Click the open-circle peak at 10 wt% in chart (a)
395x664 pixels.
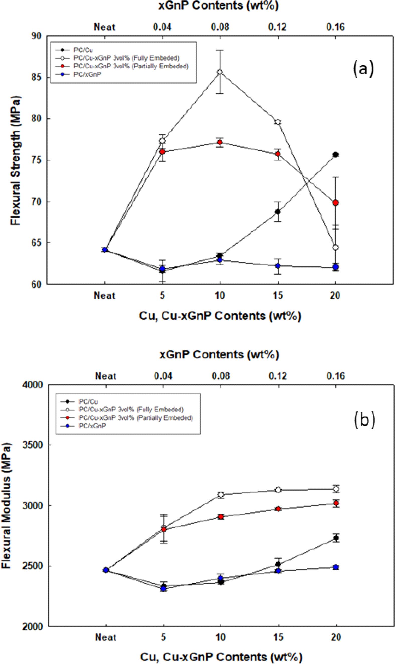[220, 72]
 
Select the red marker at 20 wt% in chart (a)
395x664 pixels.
[336, 203]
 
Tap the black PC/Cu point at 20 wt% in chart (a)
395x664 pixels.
[336, 155]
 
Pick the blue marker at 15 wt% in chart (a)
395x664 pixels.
[278, 266]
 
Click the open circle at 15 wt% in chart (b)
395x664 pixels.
[278, 490]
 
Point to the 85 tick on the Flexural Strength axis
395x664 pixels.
[36, 77]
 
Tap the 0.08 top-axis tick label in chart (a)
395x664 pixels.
[220, 27]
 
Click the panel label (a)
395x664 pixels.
[363, 68]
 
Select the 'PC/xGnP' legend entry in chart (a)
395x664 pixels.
[87, 75]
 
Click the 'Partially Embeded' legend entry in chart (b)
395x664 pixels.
[135, 418]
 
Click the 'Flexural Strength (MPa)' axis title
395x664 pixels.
[16, 160]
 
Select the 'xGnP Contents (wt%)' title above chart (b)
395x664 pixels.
[219, 355]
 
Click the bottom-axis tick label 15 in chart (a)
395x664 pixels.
[278, 295]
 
